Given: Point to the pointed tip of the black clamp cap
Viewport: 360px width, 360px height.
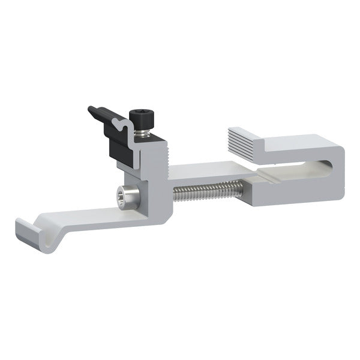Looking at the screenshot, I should coord(91,110).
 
